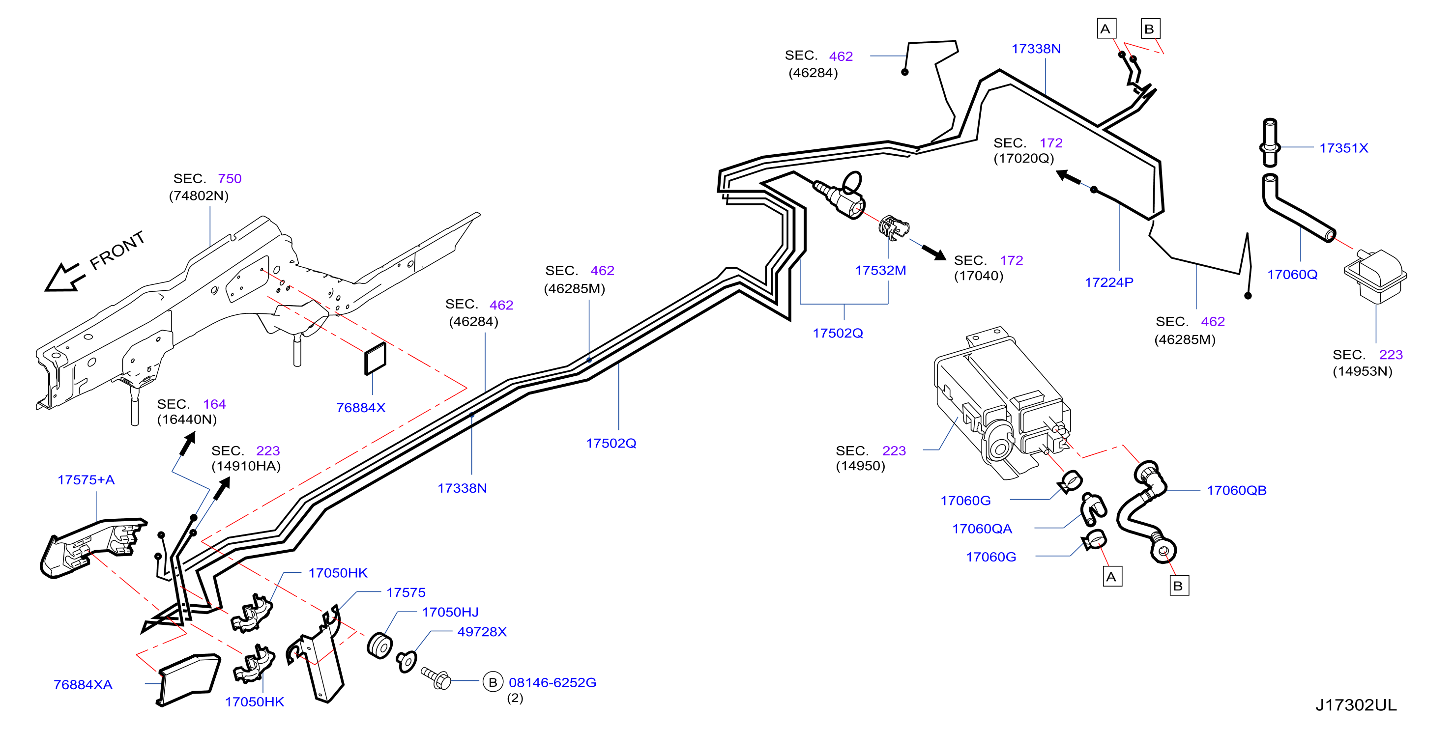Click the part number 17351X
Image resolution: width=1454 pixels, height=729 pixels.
pyautogui.click(x=1343, y=148)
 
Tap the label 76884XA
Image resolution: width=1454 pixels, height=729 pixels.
pyautogui.click(x=83, y=684)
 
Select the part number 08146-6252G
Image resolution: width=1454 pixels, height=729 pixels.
pyautogui.click(x=552, y=682)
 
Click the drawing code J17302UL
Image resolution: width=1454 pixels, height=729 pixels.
pyautogui.click(x=1356, y=705)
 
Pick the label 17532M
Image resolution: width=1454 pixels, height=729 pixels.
pyautogui.click(x=880, y=270)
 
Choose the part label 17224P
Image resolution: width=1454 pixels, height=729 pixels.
pyautogui.click(x=1108, y=282)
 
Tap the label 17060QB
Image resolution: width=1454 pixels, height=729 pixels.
pyautogui.click(x=1236, y=490)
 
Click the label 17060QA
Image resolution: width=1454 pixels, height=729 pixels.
pyautogui.click(x=982, y=529)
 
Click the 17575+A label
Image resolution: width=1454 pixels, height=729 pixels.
pyautogui.click(x=86, y=479)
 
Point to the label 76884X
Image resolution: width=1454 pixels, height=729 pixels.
pyautogui.click(x=361, y=407)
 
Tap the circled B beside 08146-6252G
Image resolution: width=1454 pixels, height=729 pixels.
pyautogui.click(x=493, y=682)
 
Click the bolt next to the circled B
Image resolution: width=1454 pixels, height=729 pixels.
pyautogui.click(x=436, y=677)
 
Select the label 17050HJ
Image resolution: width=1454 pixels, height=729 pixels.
pyautogui.click(x=450, y=612)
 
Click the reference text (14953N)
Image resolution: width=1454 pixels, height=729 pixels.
pyautogui.click(x=1362, y=371)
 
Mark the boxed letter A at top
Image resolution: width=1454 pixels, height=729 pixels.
pyautogui.click(x=1106, y=29)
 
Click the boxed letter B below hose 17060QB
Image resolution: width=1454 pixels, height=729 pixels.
pyautogui.click(x=1179, y=586)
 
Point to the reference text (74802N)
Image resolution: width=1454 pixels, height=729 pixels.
pyautogui.click(x=199, y=196)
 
